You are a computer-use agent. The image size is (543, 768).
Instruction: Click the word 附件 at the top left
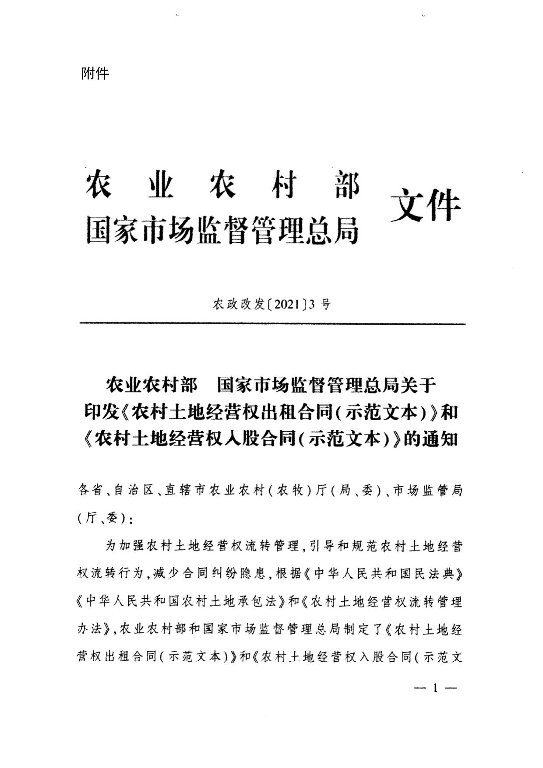[95, 73]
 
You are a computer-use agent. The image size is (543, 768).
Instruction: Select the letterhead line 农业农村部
[222, 185]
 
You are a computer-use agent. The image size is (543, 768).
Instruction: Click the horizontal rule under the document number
[272, 324]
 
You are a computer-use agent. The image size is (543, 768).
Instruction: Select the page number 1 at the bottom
[435, 688]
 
